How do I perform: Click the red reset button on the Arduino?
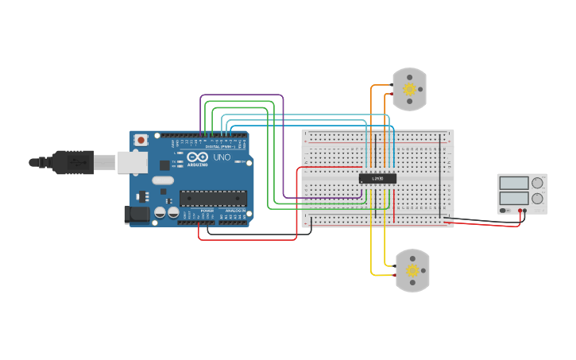141,140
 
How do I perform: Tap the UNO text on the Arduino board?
222,157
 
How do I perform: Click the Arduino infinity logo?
198,157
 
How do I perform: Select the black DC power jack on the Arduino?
137,214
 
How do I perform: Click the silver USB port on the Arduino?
132,162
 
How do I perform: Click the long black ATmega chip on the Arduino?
212,198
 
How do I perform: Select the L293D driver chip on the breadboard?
377,178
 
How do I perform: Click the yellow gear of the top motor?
410,89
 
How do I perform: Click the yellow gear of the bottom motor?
412,270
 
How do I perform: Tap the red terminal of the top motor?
390,94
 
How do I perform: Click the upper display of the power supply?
513,182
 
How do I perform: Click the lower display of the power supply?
513,198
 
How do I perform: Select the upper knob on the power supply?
538,183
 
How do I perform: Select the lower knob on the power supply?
538,199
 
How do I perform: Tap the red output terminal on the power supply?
521,211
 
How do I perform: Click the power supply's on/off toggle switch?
504,211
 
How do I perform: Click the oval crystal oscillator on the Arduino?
163,180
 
